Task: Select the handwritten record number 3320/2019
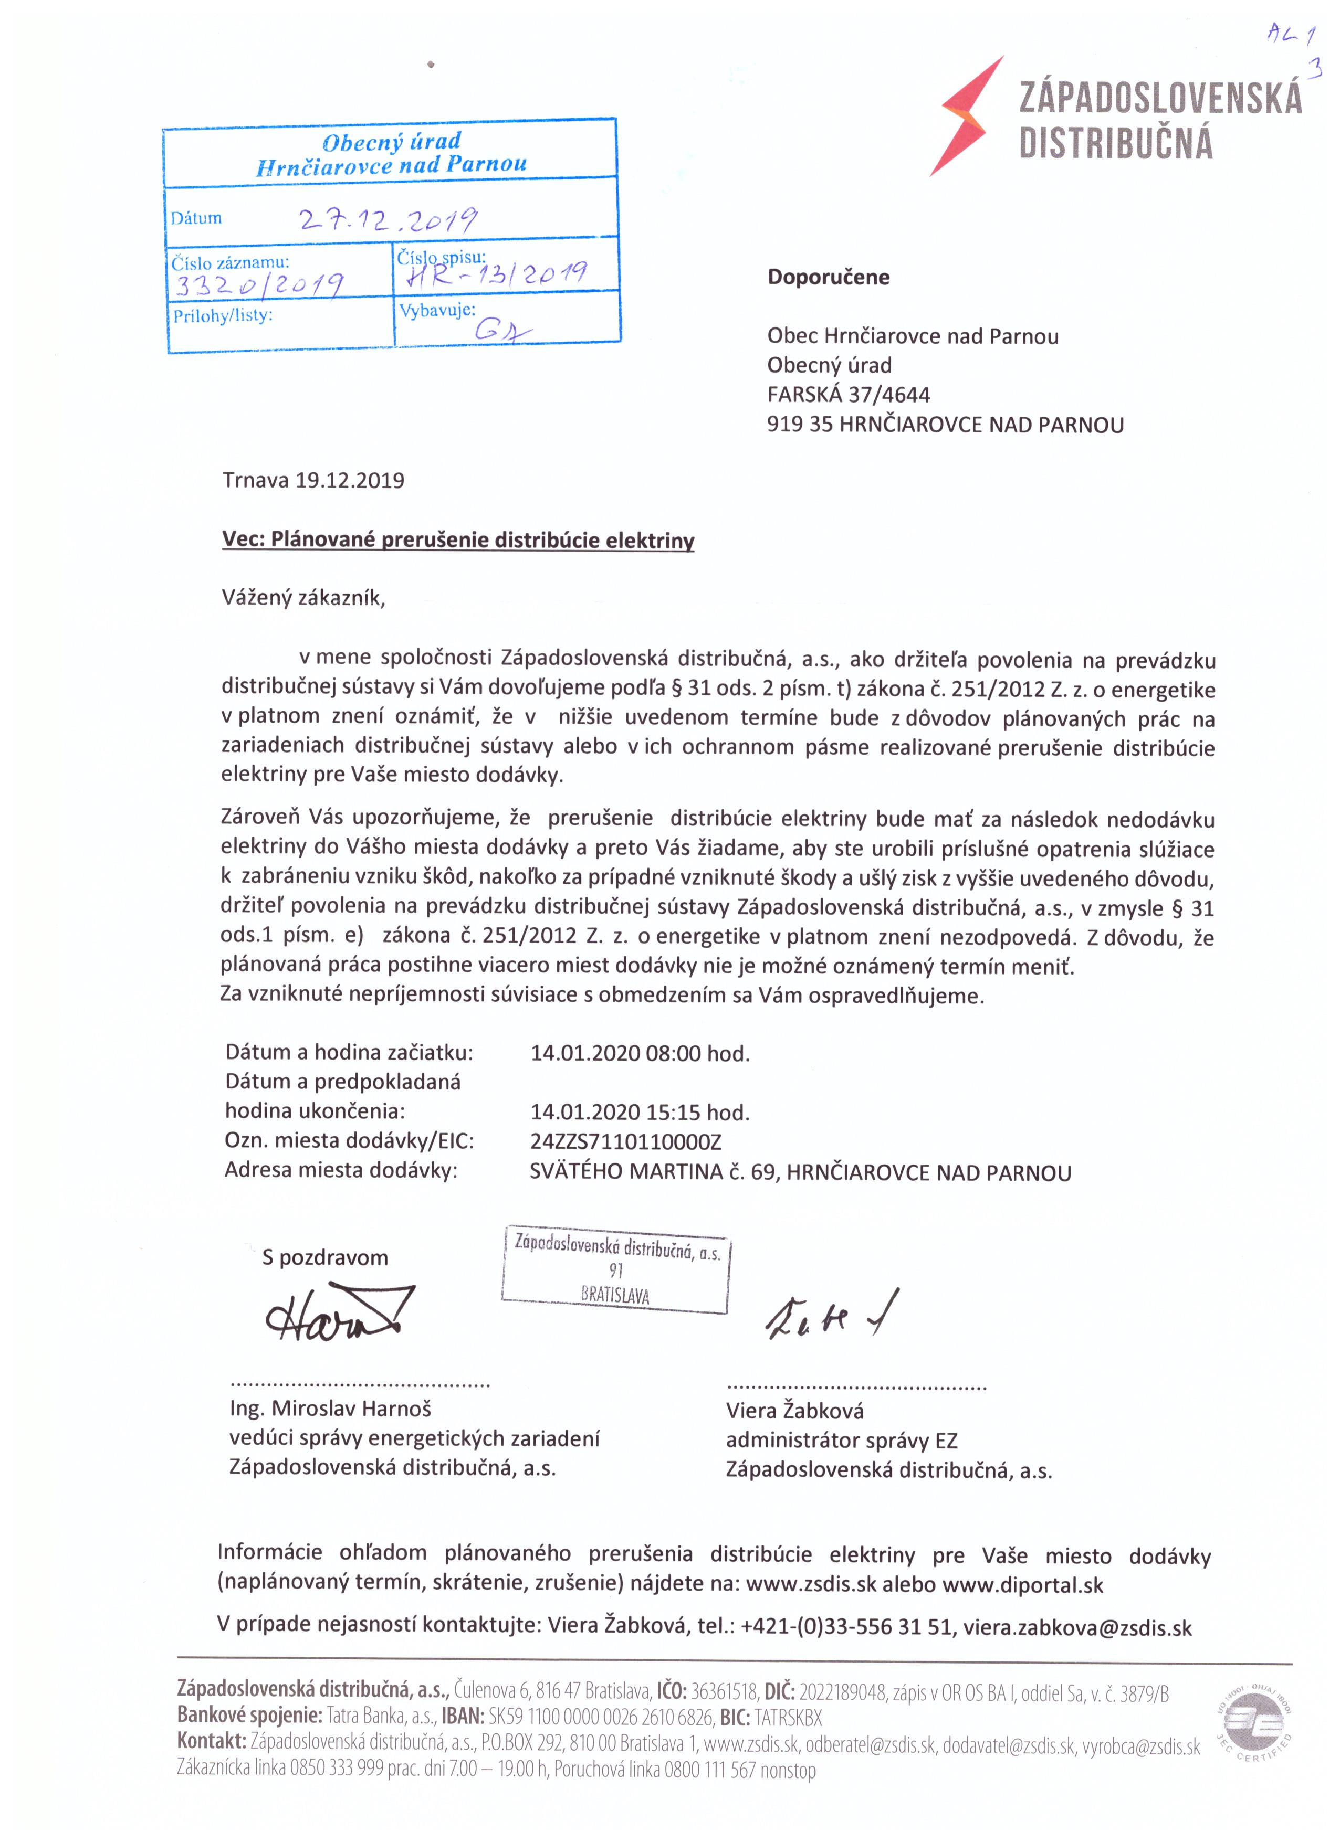[258, 283]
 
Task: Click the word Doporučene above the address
[828, 277]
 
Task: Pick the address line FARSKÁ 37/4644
[849, 395]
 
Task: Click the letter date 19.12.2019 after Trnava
[349, 480]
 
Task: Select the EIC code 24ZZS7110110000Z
[626, 1141]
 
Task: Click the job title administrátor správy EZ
[842, 1441]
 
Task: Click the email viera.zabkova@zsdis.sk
[1077, 1627]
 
